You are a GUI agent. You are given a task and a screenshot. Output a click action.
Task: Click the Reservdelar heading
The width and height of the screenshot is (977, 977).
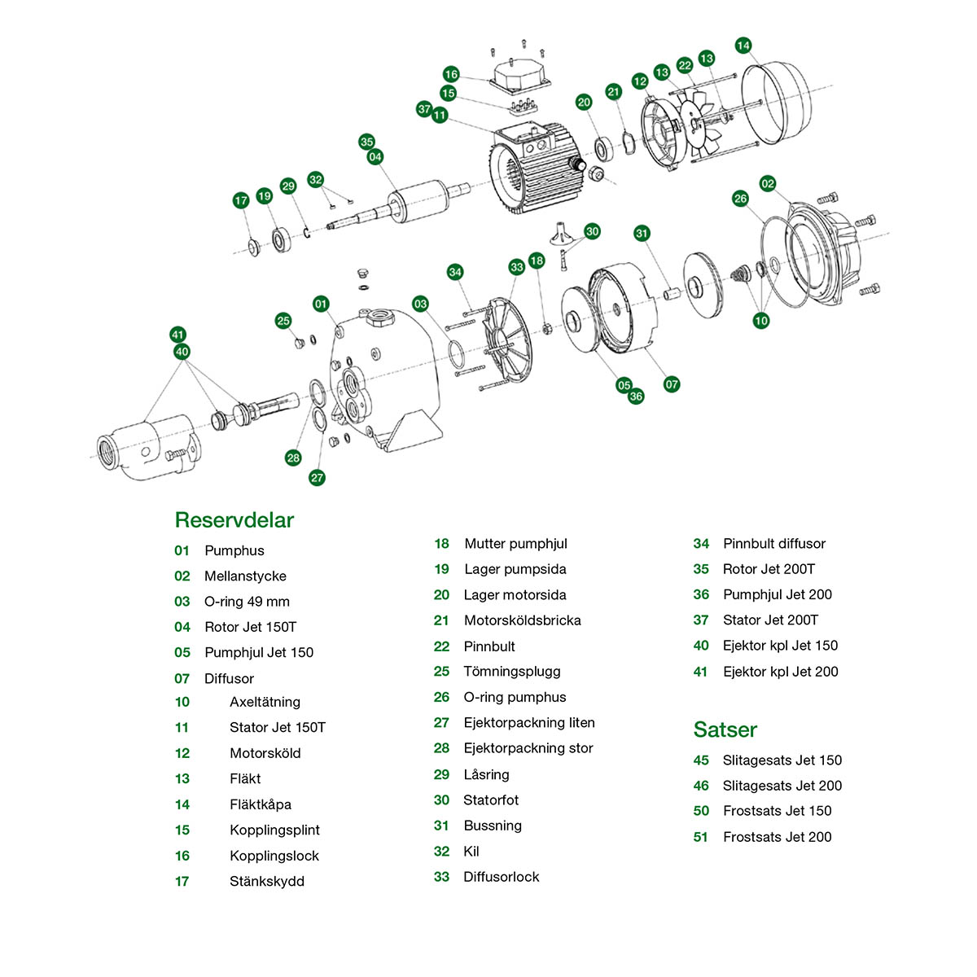[234, 520]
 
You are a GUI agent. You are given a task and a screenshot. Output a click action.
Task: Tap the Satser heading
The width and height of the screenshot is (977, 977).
[725, 729]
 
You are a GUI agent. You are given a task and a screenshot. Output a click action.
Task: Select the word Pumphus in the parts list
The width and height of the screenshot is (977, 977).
[234, 550]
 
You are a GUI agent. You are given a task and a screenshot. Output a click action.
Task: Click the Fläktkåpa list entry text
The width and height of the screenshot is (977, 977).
[261, 804]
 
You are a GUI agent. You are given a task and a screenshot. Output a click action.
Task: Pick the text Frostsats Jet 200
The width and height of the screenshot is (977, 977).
[777, 837]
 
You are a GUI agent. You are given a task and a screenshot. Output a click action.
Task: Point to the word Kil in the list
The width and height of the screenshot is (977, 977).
[471, 852]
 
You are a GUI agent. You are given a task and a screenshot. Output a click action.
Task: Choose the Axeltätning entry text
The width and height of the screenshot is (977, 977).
[265, 702]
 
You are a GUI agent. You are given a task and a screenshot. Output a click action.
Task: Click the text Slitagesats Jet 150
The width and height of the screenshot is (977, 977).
[782, 760]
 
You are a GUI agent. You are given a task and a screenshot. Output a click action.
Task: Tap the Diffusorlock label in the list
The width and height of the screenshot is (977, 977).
[501, 877]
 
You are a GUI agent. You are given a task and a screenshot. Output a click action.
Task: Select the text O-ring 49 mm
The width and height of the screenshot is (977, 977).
[247, 602]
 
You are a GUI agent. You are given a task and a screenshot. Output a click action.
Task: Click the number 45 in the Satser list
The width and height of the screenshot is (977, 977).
[701, 760]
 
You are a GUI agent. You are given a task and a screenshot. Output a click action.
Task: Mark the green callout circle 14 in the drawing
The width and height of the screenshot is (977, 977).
[743, 46]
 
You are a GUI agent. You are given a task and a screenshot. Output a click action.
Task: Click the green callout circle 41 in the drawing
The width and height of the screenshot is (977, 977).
[178, 335]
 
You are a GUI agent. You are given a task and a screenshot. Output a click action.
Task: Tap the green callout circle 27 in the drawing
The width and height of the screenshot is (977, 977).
[318, 478]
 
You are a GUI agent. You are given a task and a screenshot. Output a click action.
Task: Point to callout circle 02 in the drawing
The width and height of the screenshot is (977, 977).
[768, 184]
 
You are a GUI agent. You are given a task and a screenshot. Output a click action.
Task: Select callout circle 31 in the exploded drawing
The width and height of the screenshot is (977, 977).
[642, 234]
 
